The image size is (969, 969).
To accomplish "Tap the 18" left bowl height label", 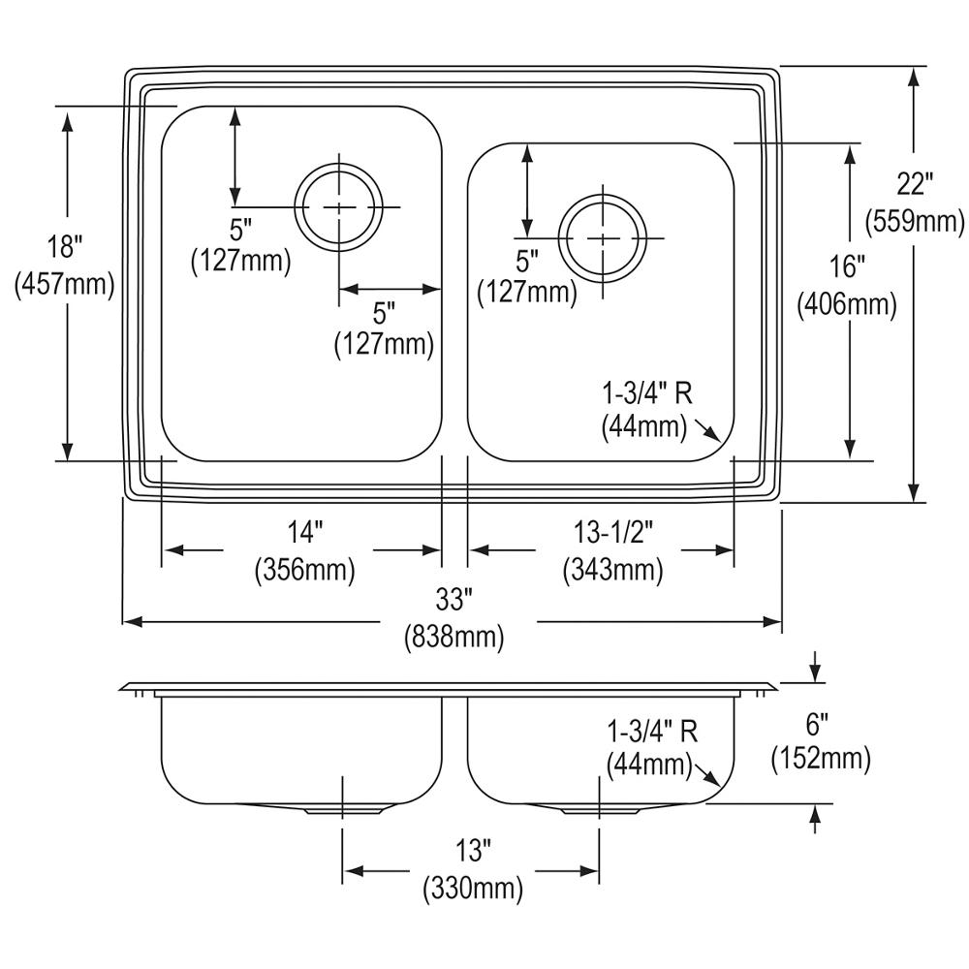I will (65, 246).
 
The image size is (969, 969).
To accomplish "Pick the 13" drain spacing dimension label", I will (472, 852).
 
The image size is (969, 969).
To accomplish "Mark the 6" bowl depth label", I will (820, 724).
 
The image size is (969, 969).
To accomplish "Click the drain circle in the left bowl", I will (339, 207).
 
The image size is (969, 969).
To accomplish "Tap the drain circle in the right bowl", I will (603, 237).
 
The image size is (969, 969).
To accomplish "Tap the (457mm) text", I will (65, 284).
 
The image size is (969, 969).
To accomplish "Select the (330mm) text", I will (472, 888).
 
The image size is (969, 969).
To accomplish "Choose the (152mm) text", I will (820, 759).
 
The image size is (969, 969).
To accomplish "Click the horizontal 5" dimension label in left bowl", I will (385, 313).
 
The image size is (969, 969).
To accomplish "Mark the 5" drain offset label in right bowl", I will (526, 261).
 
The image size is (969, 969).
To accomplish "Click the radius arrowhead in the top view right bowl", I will (714, 436).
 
